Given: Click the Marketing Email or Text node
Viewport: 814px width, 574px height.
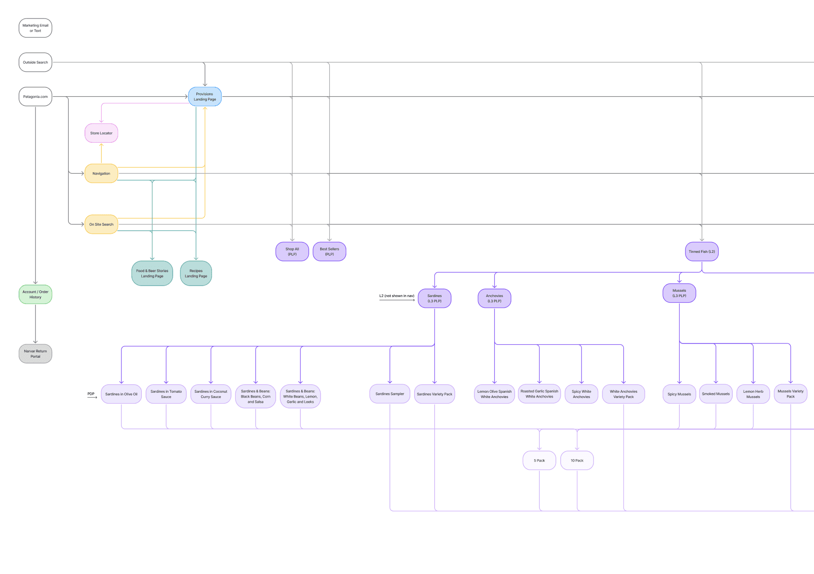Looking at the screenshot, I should click(x=35, y=28).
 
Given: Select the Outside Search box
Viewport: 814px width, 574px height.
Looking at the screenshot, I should click(x=35, y=62).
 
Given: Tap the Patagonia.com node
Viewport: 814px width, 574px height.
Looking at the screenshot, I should click(x=35, y=96).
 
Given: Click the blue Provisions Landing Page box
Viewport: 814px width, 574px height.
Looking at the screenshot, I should click(x=204, y=97).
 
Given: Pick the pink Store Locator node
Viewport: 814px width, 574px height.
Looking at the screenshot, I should click(x=101, y=133).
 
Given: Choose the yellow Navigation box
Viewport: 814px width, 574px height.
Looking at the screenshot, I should click(x=101, y=174).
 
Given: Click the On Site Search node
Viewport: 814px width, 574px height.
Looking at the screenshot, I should click(x=101, y=224).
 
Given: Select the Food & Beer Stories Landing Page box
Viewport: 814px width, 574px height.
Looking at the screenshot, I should click(x=152, y=273).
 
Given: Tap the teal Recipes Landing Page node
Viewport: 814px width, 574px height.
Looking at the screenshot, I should click(x=196, y=273).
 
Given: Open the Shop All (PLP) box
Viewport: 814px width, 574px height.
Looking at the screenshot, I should click(x=292, y=251).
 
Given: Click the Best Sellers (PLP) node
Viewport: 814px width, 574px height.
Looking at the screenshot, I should click(x=329, y=251).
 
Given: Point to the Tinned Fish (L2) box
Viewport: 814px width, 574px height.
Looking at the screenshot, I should click(x=702, y=251).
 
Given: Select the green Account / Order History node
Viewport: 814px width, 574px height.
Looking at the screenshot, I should click(x=35, y=295).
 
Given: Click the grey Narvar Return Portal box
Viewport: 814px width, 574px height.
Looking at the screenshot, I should click(x=35, y=354).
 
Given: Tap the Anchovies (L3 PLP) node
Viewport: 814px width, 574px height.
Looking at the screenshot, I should click(x=494, y=298).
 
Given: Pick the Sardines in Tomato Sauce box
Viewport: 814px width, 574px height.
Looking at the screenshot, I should click(x=166, y=394).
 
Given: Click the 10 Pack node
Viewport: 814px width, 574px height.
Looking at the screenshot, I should click(x=577, y=461).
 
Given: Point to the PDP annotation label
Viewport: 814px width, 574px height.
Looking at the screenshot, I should click(x=91, y=394).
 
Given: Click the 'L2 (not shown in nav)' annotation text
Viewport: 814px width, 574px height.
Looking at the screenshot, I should click(x=397, y=296).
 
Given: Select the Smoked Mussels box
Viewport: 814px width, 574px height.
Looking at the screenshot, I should click(x=715, y=394).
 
